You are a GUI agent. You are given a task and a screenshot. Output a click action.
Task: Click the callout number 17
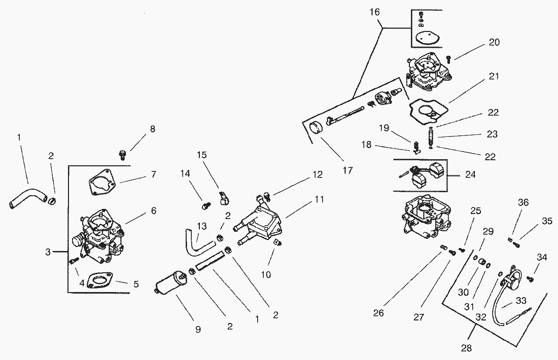[348, 170]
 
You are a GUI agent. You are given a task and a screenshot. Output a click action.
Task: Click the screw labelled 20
[448, 59]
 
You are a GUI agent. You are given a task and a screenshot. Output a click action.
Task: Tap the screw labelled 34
[531, 277]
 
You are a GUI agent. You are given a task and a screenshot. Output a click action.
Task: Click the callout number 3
[48, 251]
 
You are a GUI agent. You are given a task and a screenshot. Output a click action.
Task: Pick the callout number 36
[523, 202]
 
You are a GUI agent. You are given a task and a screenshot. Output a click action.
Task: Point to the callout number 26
[378, 313]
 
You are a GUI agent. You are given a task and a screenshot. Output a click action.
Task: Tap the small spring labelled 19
[415, 144]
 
